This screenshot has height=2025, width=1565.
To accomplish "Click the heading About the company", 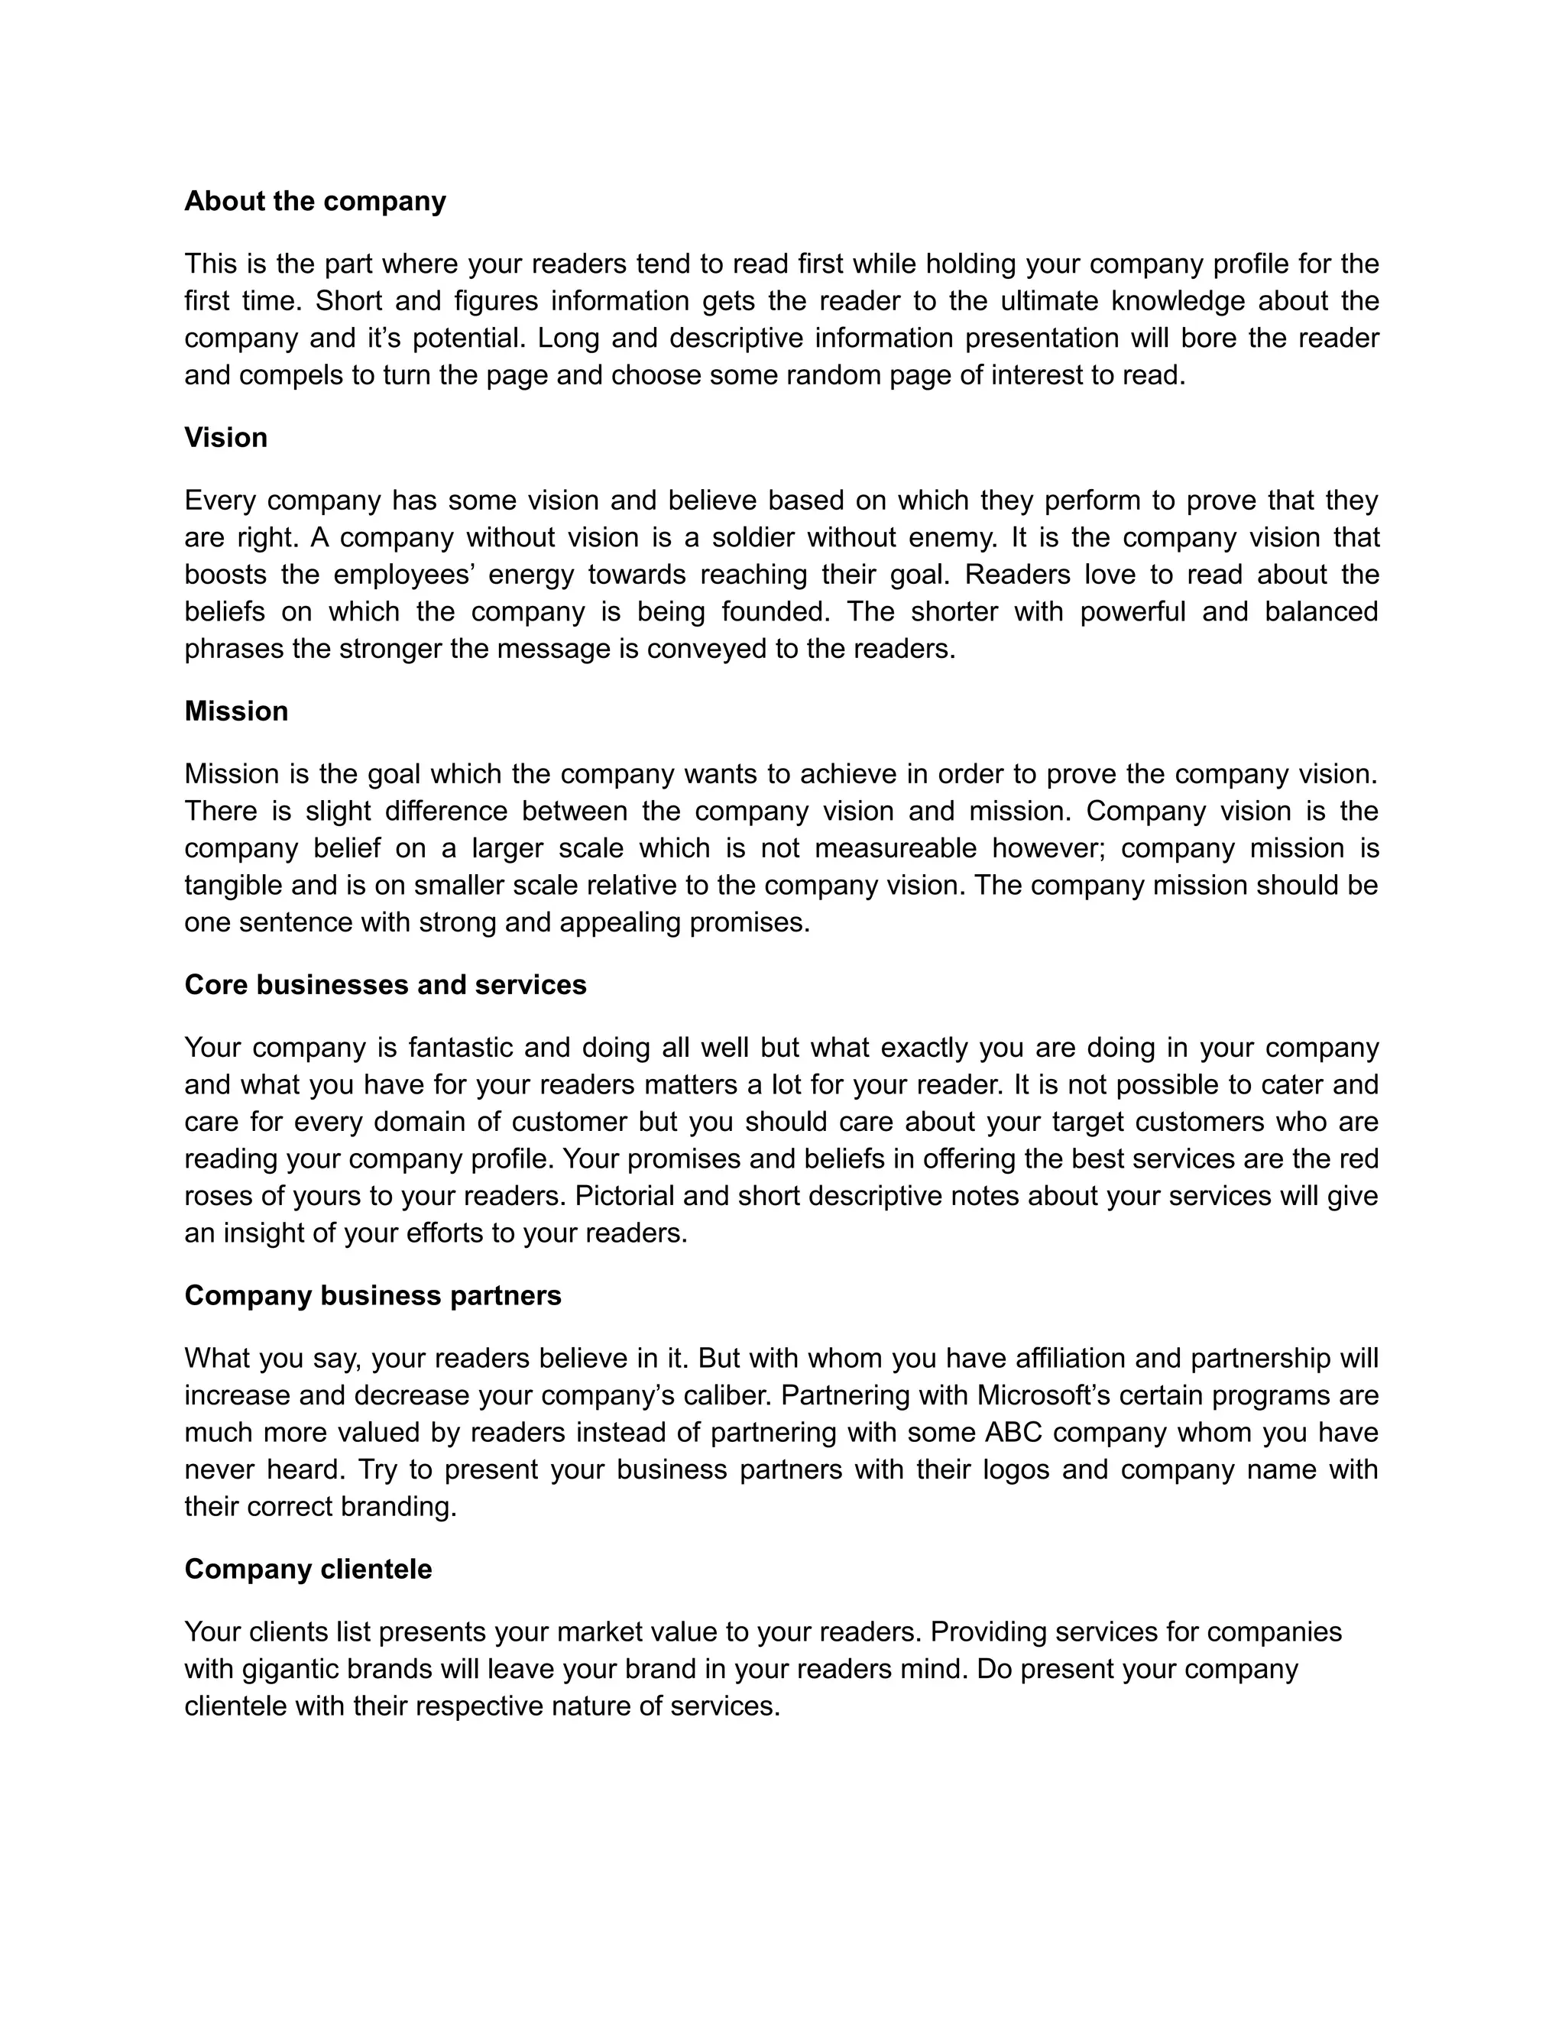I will coord(316,201).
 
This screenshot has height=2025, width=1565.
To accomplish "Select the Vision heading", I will coord(225,438).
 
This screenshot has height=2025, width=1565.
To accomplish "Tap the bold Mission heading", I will coord(235,711).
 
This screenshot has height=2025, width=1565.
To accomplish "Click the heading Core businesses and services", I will coord(385,985).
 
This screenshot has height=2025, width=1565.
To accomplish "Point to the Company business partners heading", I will coord(373,1295).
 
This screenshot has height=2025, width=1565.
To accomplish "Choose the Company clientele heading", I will coord(308,1569).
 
